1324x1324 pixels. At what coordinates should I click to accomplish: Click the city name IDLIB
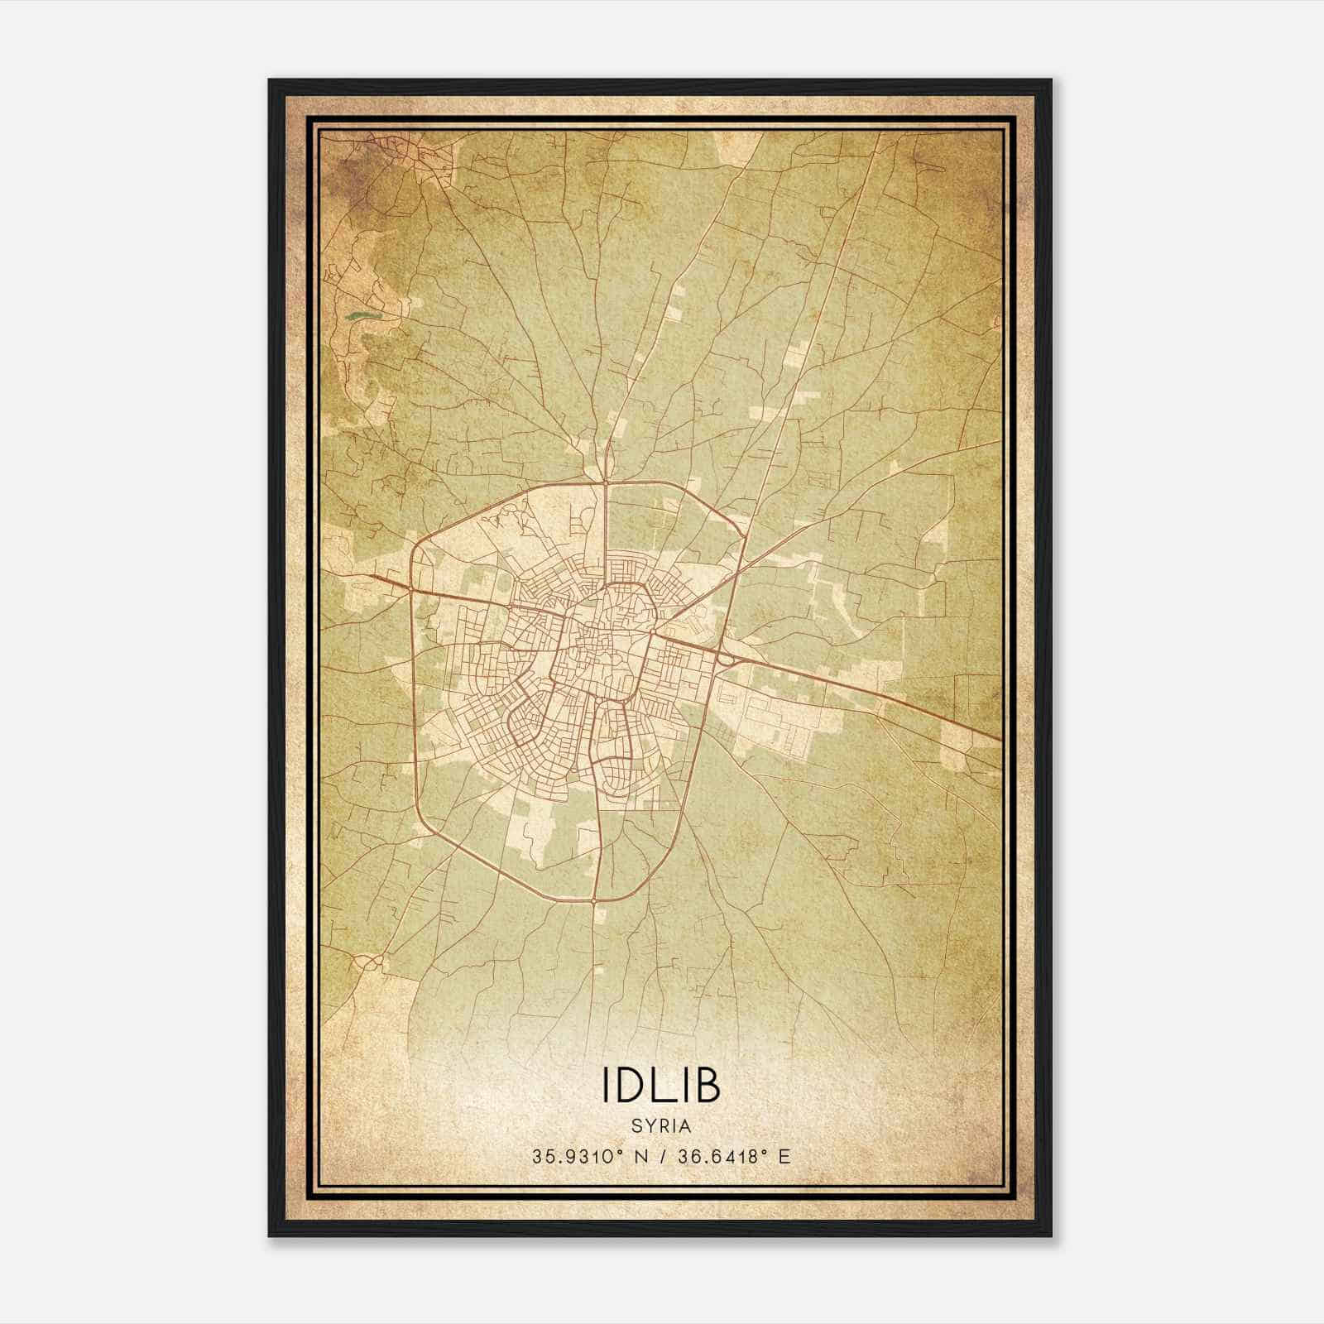click(661, 1086)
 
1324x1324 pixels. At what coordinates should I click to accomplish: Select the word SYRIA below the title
click(661, 1126)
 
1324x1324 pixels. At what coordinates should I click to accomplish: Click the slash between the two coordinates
click(661, 1156)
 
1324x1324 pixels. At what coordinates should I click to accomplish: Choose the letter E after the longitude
click(784, 1156)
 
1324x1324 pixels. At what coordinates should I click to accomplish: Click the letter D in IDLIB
click(631, 1086)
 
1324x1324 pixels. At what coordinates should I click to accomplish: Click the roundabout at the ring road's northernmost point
click(606, 481)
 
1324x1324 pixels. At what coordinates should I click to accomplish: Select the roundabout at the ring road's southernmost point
click(595, 899)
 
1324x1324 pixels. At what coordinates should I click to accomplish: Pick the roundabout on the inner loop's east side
click(652, 633)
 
